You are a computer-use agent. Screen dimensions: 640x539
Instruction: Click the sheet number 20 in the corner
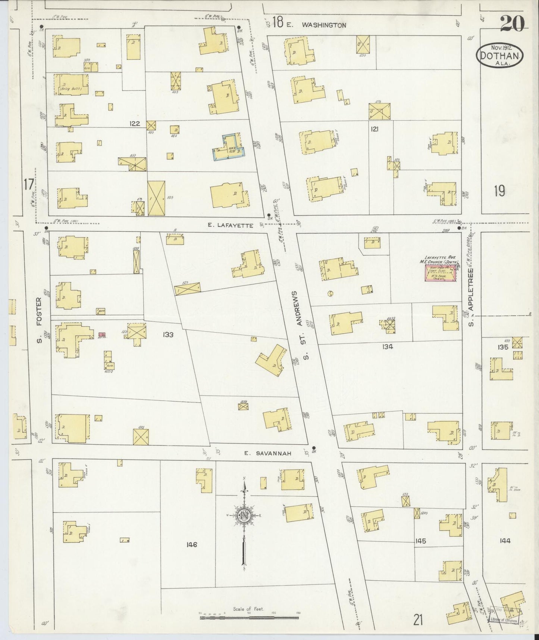512,24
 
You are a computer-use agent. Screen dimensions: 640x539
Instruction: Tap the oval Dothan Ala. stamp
500,55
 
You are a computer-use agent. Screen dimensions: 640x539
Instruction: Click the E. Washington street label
317,25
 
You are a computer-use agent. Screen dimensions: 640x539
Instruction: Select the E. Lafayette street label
231,225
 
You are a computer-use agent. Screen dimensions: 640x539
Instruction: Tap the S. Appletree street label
471,296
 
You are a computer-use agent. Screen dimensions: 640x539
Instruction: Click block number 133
168,335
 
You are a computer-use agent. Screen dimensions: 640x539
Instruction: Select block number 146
192,545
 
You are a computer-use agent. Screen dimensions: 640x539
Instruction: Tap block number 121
375,129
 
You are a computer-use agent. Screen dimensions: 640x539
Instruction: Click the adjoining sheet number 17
28,184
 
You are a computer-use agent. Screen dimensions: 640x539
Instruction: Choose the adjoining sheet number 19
499,191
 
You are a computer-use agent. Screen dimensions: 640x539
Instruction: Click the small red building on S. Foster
101,335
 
